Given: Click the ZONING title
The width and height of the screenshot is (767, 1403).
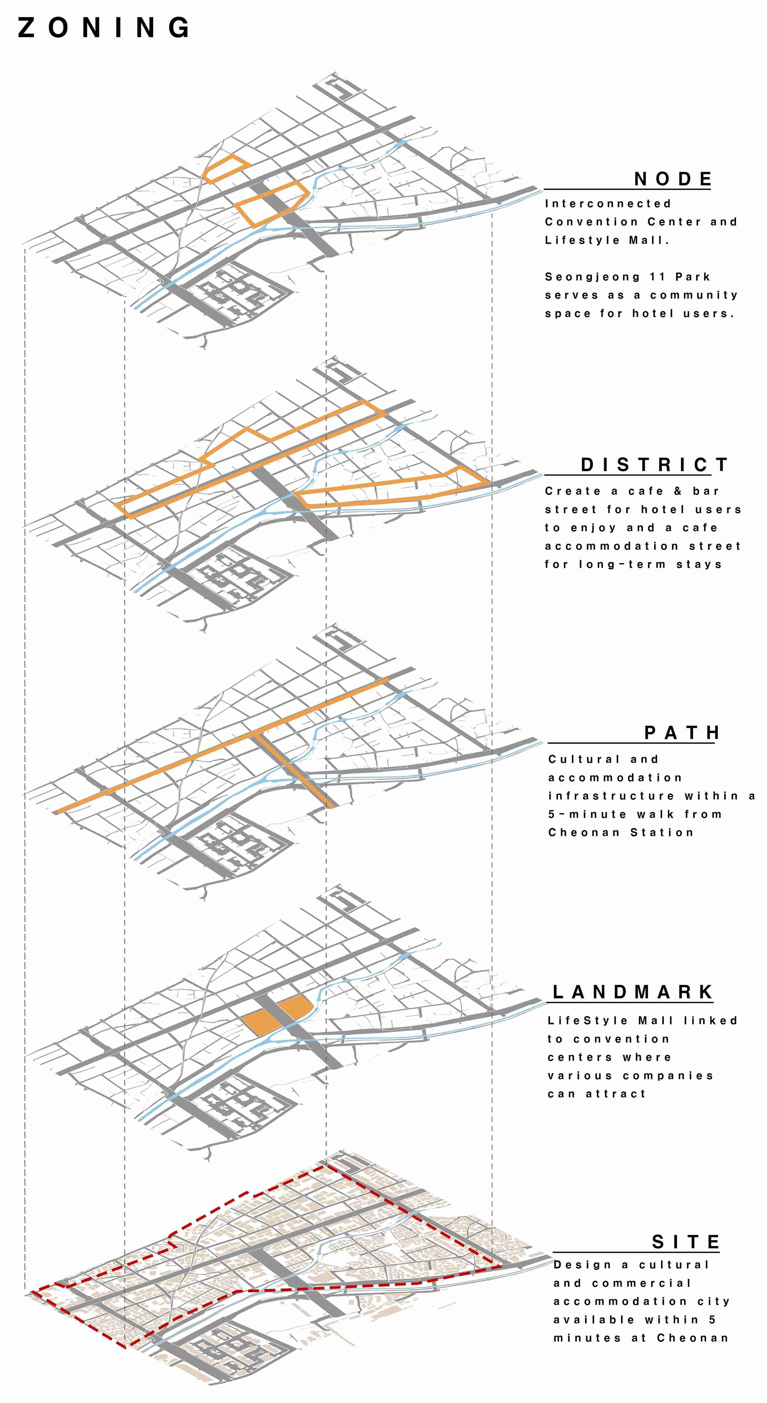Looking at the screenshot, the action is pos(103,27).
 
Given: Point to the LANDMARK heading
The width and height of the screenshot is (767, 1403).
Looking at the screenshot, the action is pos(633,992).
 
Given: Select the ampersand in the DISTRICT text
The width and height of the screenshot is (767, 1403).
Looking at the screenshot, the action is pos(678,491).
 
